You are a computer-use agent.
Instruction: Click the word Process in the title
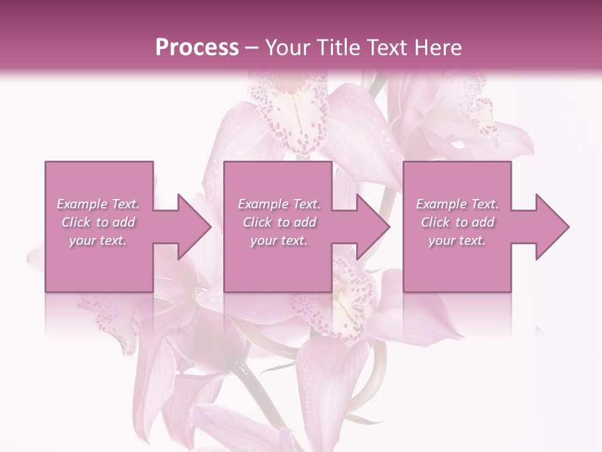pos(197,48)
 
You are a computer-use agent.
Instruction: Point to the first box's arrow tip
pos(210,227)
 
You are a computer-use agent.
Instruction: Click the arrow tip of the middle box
pos(389,227)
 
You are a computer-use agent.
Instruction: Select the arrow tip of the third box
pos(568,227)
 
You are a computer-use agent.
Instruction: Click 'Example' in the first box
pos(82,204)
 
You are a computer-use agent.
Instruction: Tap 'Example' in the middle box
pos(262,204)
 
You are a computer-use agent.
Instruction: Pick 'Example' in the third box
pos(441,204)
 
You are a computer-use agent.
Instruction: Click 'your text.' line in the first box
pos(98,240)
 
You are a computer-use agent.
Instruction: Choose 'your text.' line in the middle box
pos(278,240)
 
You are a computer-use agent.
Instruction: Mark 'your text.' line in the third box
pos(457,240)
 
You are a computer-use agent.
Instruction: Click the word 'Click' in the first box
pos(75,222)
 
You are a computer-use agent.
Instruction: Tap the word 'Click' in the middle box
pos(256,222)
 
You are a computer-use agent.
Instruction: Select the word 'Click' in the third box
pos(435,222)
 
